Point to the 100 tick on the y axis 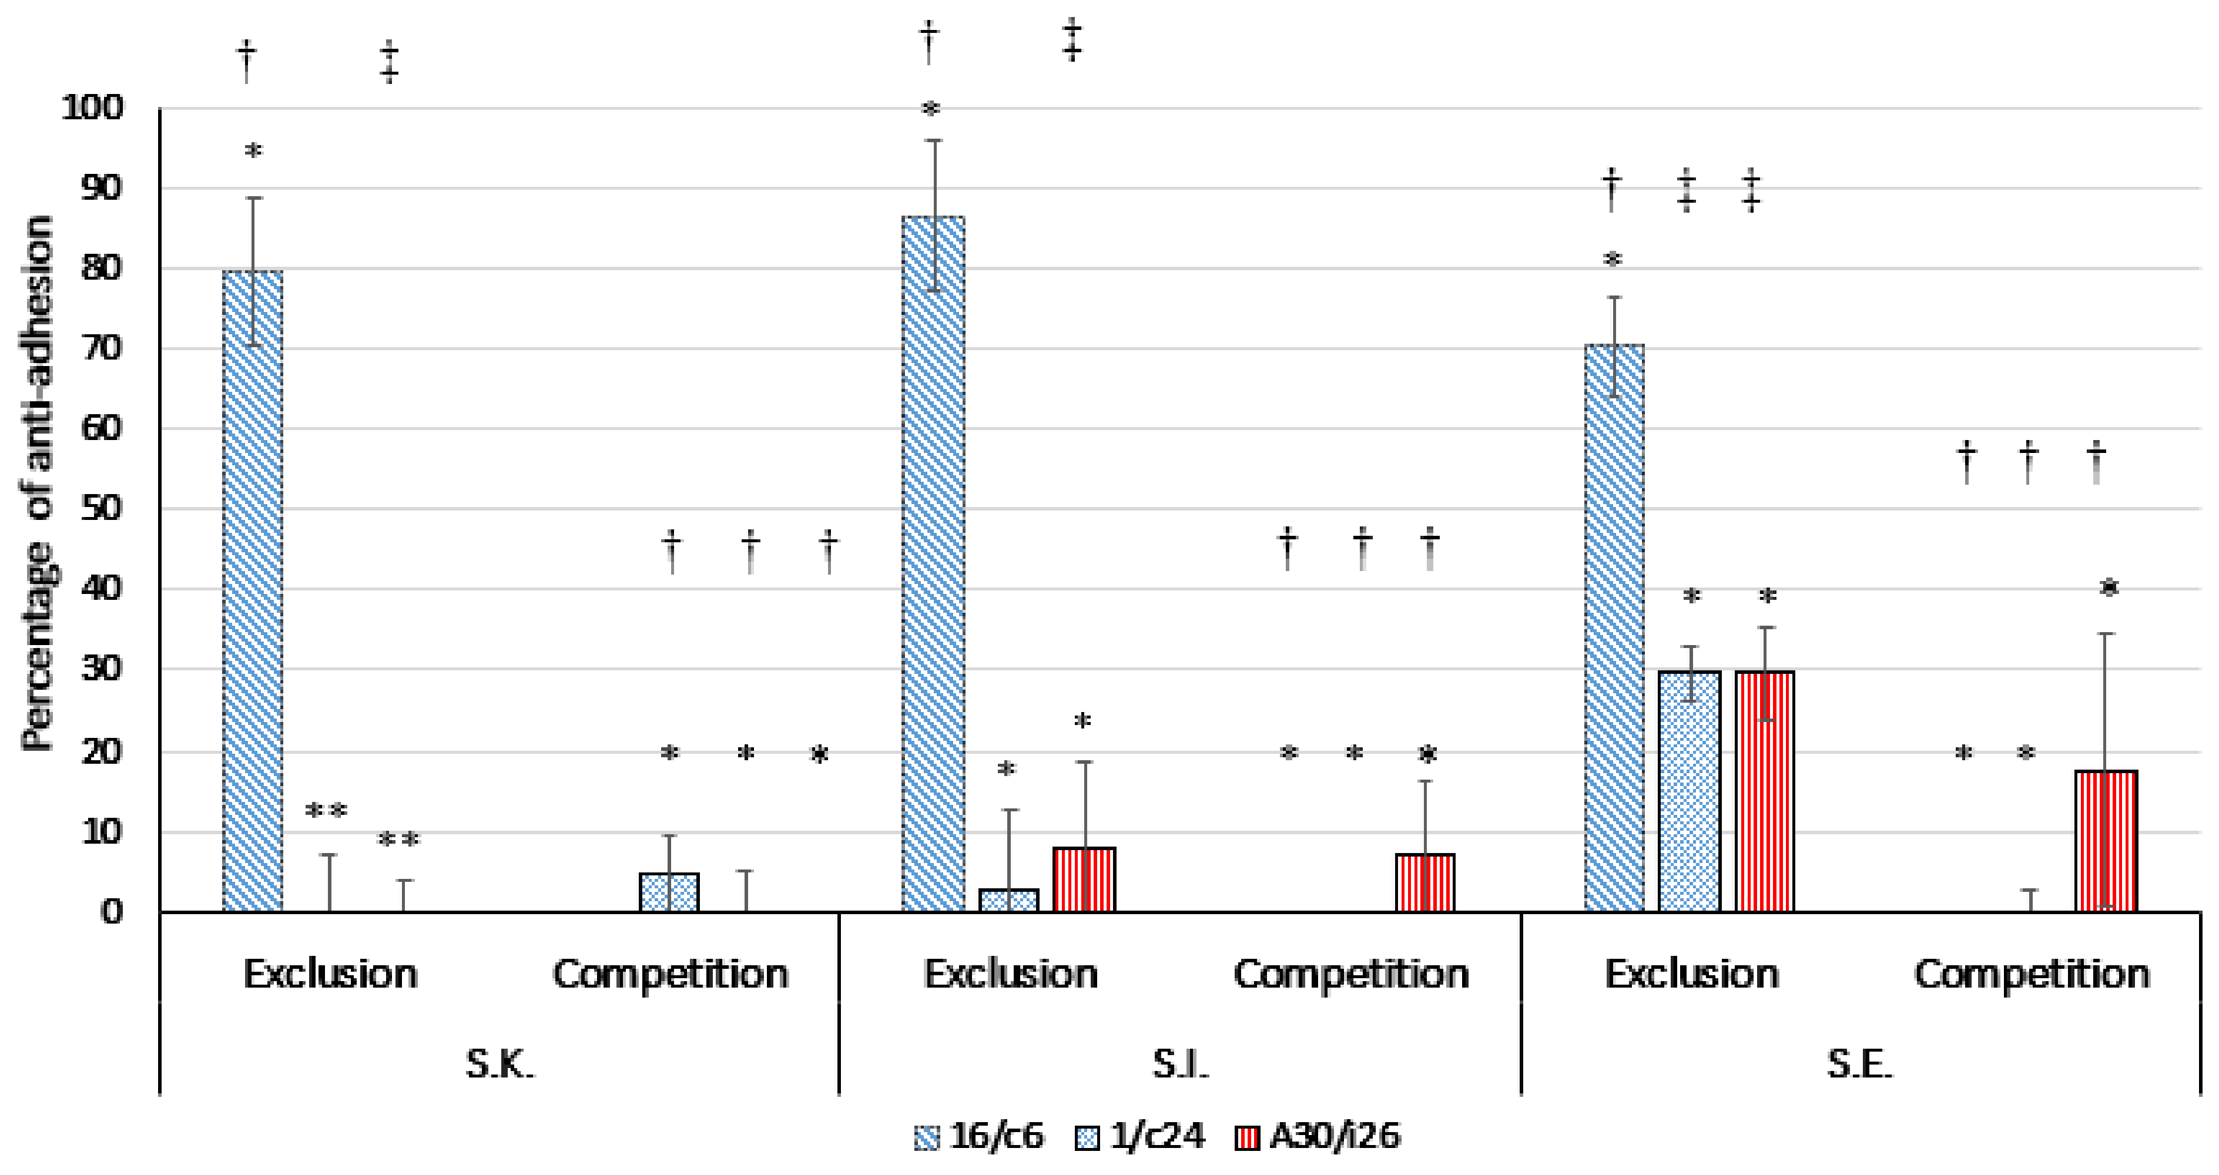tap(92, 109)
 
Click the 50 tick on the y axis tap(102, 509)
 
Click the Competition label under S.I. tap(1350, 974)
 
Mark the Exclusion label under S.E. tap(1691, 974)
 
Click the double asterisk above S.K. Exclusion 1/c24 tap(327, 811)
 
